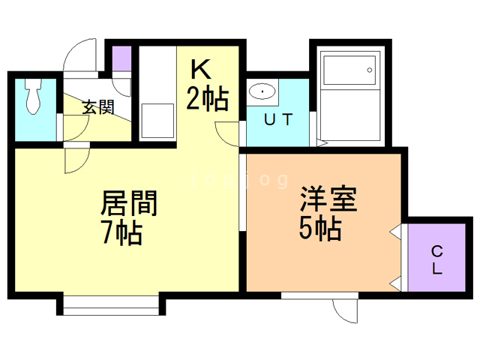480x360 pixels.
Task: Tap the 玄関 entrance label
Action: [x=97, y=107]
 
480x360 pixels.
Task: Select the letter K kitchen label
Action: [x=200, y=70]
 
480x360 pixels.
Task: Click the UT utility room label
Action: [x=277, y=118]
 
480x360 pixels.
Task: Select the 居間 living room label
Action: [x=128, y=204]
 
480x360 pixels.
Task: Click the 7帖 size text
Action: [x=123, y=233]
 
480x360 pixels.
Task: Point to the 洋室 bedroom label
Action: [x=328, y=198]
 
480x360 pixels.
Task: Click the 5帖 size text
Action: [x=320, y=227]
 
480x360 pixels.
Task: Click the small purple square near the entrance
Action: [x=122, y=58]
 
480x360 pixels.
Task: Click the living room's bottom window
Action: [x=110, y=303]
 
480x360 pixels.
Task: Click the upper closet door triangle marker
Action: [x=394, y=233]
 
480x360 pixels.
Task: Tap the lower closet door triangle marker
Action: [x=394, y=283]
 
